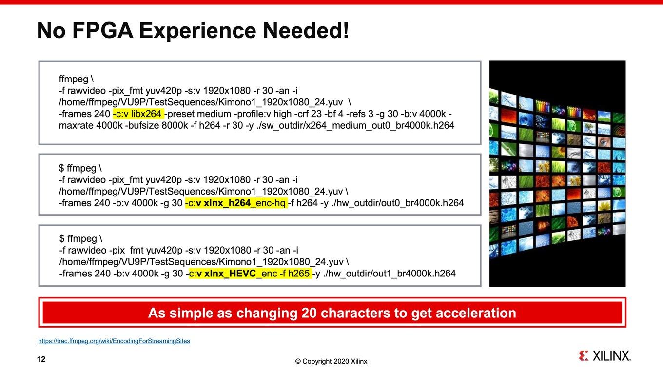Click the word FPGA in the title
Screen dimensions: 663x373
coord(102,30)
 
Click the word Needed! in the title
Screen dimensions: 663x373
coord(306,30)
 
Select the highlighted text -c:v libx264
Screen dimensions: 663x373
coord(138,114)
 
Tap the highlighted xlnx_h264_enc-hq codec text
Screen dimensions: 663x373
coord(236,203)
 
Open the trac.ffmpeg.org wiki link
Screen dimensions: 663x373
coord(114,341)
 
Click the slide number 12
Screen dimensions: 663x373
coord(41,359)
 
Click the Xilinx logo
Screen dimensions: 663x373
coord(604,356)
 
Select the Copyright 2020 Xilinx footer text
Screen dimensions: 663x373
coord(331,361)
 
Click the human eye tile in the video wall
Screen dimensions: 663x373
coord(603,142)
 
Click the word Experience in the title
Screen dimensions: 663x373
coord(198,31)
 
